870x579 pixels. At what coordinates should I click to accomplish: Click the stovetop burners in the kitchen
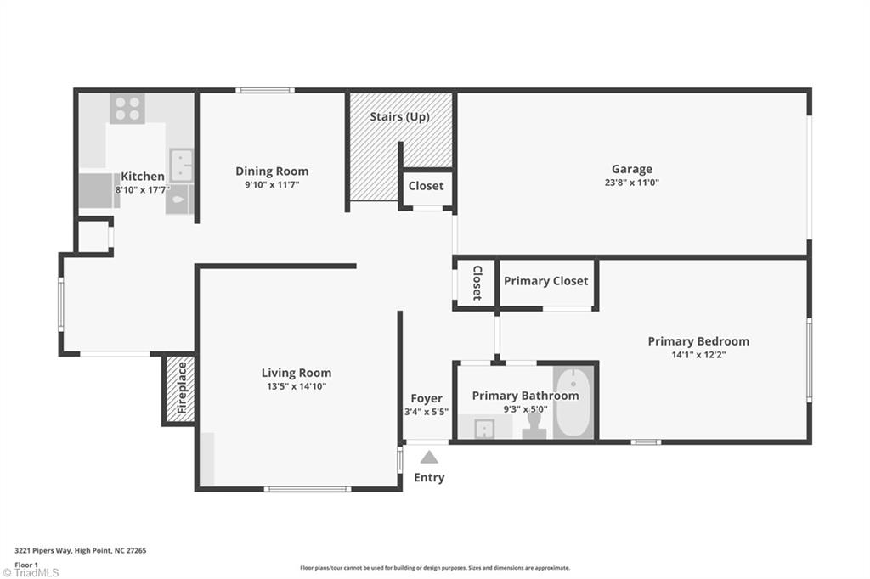[x=127, y=109]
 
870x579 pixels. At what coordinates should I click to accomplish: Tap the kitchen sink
[x=181, y=165]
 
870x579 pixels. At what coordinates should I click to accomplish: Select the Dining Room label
[x=272, y=171]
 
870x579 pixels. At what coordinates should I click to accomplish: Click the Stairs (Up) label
[x=399, y=117]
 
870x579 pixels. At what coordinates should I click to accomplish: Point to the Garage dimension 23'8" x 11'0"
[x=632, y=183]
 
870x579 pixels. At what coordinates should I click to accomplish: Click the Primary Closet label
[x=546, y=281]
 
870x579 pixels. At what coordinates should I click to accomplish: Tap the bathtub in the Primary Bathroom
[x=573, y=402]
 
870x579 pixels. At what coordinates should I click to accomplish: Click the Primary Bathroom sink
[x=484, y=429]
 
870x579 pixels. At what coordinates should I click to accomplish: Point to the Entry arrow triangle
[x=429, y=457]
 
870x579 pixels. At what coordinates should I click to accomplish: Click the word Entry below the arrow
[x=429, y=477]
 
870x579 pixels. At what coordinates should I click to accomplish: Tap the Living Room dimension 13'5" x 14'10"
[x=297, y=386]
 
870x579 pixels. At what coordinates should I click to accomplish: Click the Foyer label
[x=427, y=398]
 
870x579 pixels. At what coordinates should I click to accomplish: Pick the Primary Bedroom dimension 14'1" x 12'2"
[x=698, y=355]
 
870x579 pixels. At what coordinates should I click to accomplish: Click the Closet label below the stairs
[x=427, y=186]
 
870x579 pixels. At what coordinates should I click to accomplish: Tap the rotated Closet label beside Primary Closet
[x=477, y=283]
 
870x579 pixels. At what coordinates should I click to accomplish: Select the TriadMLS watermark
[x=31, y=572]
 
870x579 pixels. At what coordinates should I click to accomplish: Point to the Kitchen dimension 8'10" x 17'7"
[x=143, y=189]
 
